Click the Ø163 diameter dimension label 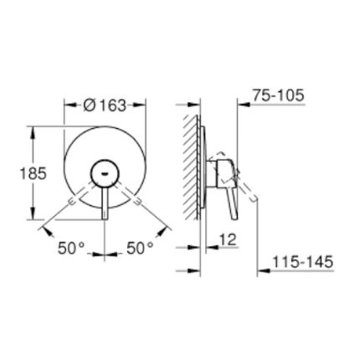pyautogui.click(x=105, y=105)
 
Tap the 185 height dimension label pyautogui.click(x=33, y=174)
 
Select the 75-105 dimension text pyautogui.click(x=278, y=95)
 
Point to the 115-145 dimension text pyautogui.click(x=302, y=262)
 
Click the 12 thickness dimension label pyautogui.click(x=228, y=239)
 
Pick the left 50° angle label pyautogui.click(x=71, y=248)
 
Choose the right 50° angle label pyautogui.click(x=140, y=248)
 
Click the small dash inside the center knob pyautogui.click(x=105, y=174)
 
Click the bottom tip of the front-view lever pyautogui.click(x=105, y=219)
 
